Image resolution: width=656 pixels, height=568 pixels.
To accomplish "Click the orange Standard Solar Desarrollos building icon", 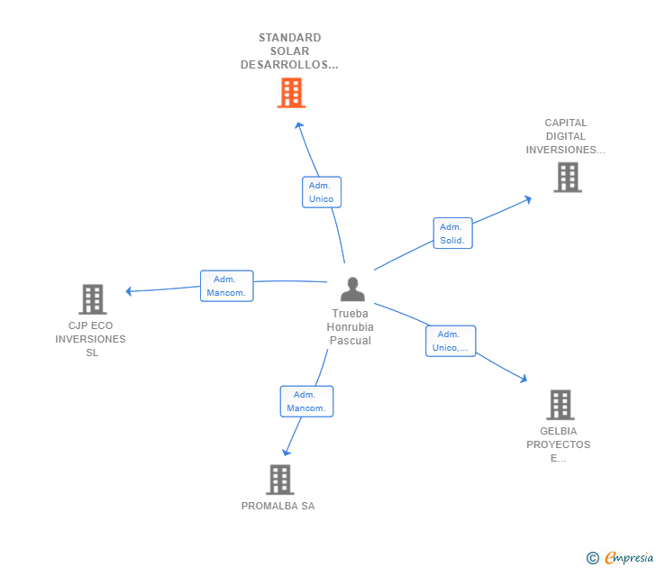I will pos(290,92).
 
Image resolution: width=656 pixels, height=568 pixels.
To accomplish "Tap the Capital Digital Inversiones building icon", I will pos(567,177).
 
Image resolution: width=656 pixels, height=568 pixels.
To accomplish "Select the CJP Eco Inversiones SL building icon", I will pos(92,298).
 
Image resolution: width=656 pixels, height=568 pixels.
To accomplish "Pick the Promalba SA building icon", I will pos(279,479).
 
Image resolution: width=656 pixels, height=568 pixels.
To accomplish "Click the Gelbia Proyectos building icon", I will pos(560,405).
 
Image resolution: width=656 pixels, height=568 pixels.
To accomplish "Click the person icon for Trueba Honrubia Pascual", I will pos(352,289).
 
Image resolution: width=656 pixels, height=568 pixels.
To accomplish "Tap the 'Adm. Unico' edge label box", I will pos(321,192).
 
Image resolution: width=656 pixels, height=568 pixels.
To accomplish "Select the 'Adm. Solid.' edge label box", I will pos(452,234).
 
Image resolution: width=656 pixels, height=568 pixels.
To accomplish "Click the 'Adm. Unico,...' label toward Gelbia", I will pos(450,341).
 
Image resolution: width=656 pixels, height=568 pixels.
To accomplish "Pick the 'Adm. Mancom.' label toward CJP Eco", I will pos(226,286).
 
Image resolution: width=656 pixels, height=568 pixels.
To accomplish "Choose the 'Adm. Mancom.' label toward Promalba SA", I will pos(306,401).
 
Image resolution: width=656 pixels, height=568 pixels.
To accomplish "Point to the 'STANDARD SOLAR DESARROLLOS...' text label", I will pos(289,51).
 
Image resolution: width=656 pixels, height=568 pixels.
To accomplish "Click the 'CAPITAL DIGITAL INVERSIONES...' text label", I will pos(566,136).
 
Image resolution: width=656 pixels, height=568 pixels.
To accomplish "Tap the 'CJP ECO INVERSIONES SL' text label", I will pos(91,339).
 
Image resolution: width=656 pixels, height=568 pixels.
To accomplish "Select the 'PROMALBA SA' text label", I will pos(278,506).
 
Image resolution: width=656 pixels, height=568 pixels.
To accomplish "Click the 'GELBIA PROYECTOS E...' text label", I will pos(559,444).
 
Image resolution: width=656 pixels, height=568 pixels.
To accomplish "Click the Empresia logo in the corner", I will pos(629,557).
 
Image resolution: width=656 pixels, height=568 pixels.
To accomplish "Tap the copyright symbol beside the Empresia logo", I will pos(592,558).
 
